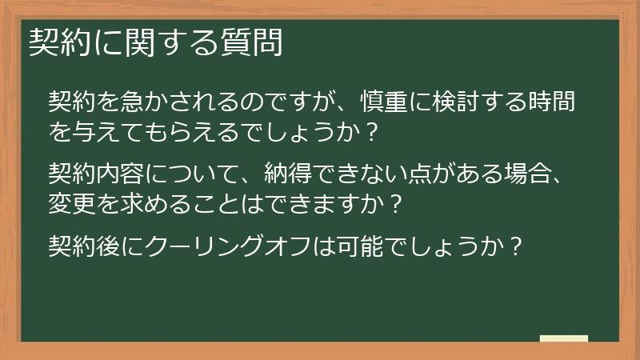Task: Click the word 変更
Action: (x=71, y=201)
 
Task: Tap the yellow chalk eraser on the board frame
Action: (x=563, y=339)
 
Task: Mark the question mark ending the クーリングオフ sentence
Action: (x=515, y=244)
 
